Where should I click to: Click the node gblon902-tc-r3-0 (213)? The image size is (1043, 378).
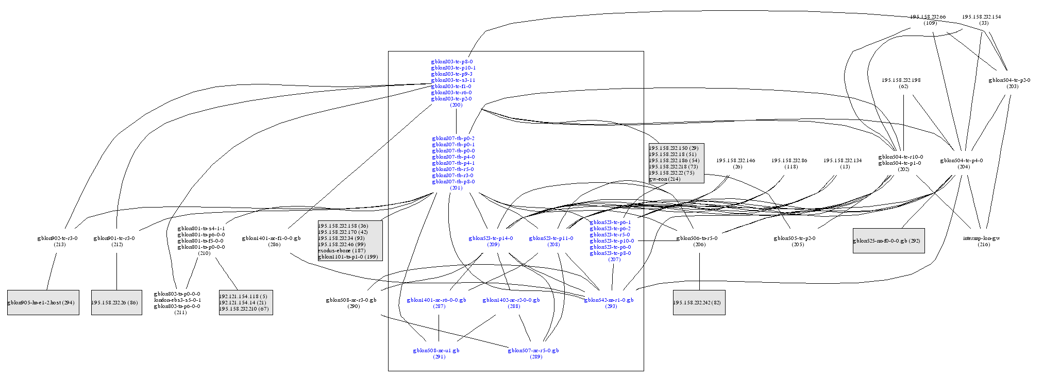coord(57,241)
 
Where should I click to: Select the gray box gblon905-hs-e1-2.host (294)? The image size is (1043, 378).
coord(43,303)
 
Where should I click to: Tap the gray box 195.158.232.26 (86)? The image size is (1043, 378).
coord(116,303)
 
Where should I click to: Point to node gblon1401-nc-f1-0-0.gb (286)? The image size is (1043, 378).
coord(271,241)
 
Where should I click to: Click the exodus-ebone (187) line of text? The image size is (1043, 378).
coord(341,251)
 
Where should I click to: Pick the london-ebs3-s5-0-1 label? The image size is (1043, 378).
coord(177,300)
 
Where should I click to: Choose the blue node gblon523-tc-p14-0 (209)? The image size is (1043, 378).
coord(491,241)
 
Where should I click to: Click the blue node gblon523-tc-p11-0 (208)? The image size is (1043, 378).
coord(551,241)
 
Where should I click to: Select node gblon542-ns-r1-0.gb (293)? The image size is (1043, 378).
coord(609,303)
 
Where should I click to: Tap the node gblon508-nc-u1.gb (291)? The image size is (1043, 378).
coord(436,353)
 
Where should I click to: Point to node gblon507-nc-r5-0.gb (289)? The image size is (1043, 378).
coord(533,353)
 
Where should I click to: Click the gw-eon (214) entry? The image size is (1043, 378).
coord(664,179)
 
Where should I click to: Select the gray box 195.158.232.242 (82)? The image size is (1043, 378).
coord(699,303)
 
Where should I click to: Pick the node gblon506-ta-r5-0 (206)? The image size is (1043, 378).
coord(697,241)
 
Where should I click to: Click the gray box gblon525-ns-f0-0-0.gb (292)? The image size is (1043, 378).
coord(888,241)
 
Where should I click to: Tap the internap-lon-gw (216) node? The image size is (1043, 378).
coord(981,241)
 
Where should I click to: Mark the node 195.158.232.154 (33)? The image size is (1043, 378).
coord(981,20)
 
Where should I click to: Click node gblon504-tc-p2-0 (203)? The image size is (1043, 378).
coord(1009,83)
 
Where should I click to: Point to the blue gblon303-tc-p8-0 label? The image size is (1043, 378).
coord(452,62)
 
